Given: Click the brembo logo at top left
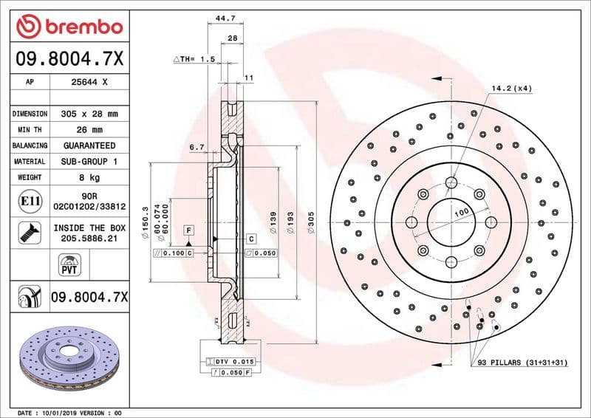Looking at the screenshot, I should coord(69,27).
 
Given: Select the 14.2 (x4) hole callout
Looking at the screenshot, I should coord(512,89).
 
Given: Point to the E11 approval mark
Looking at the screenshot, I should coord(30,200).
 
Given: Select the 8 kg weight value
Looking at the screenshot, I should coord(89,177).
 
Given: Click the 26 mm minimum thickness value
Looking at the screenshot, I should coord(89,130).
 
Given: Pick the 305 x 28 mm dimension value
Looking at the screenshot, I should coord(89,114).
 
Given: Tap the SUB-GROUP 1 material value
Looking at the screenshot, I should coord(89,161).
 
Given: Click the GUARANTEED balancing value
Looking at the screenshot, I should coord(89,145).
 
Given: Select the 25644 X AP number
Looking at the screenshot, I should coord(89,83).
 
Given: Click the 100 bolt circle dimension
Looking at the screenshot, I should coord(462,213).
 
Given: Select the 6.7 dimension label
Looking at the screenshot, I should coord(197,148).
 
